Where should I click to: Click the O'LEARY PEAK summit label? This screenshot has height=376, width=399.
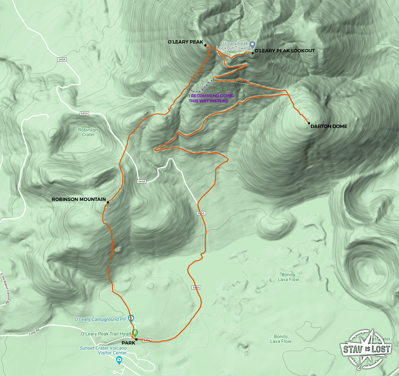pyautogui.click(x=185, y=42)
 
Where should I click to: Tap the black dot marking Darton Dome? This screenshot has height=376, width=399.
pyautogui.click(x=309, y=123)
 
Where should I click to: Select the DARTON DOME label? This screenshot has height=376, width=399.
pyautogui.click(x=329, y=126)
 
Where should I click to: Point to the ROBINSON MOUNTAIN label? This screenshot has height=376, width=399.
pyautogui.click(x=79, y=200)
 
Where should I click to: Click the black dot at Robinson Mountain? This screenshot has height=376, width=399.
pyautogui.click(x=108, y=202)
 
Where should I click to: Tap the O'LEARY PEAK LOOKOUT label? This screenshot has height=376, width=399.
pyautogui.click(x=284, y=51)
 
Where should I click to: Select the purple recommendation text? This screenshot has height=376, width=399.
pyautogui.click(x=211, y=98)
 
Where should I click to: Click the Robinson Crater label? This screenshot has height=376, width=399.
pyautogui.click(x=88, y=132)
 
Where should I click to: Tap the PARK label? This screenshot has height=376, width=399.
pyautogui.click(x=128, y=343)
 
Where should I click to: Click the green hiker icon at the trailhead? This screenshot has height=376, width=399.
pyautogui.click(x=135, y=333)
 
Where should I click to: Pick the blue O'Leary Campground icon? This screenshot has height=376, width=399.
pyautogui.click(x=132, y=318)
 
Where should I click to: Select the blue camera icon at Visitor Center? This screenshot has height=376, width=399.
pyautogui.click(x=119, y=361)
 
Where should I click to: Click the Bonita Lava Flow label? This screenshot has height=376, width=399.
pyautogui.click(x=288, y=277)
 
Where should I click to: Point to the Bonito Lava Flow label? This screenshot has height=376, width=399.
pyautogui.click(x=281, y=339)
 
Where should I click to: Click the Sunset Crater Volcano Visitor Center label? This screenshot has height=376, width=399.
pyautogui.click(x=103, y=350)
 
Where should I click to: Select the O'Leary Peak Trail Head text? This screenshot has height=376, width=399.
pyautogui.click(x=105, y=334)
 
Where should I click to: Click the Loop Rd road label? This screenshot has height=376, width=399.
pyautogui.click(x=32, y=333)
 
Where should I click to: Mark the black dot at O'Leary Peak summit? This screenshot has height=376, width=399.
pyautogui.click(x=205, y=45)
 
